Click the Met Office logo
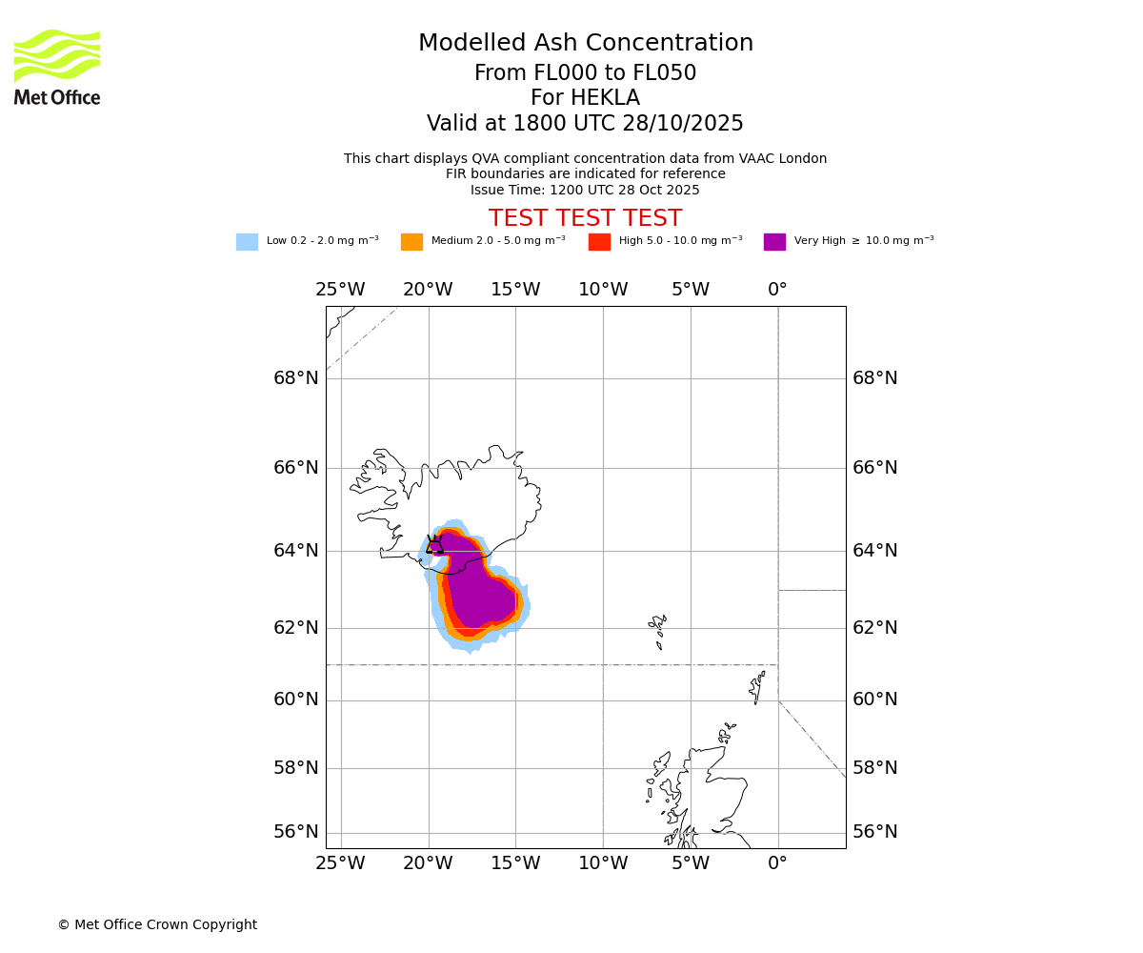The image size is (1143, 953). pos(57,67)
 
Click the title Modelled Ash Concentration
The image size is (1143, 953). pos(586,44)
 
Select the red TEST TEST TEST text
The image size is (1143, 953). pos(585,219)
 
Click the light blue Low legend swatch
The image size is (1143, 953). pos(247,242)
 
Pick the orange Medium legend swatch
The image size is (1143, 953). pos(411,242)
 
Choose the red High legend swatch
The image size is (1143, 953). pos(599,242)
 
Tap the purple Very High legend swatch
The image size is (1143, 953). pos(774,242)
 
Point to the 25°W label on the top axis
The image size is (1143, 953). pos(340,289)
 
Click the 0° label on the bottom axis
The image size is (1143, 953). pos(778,863)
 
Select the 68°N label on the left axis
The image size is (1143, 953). pos(296,378)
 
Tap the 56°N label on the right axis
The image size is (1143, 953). pos(874,832)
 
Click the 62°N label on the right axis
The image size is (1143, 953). pos(874,628)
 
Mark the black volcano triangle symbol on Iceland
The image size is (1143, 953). pos(434,545)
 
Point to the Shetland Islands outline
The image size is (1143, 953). pos(758,686)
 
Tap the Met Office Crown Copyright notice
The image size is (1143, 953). pos(157,925)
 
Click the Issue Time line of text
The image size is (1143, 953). pos(585,191)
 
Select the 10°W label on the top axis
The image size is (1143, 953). pos(603,289)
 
